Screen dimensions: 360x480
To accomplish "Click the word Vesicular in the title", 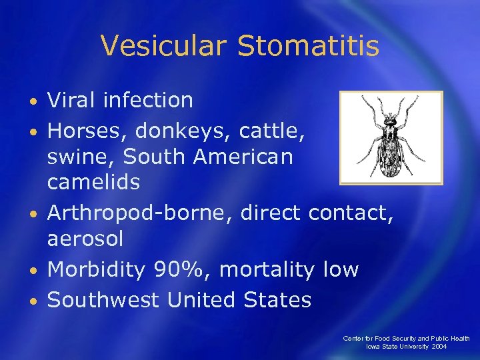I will point(165,46).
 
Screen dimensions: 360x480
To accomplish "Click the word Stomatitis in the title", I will point(309,46).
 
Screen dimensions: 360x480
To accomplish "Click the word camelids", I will point(93,183).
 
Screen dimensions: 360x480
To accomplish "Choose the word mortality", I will point(265,269).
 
